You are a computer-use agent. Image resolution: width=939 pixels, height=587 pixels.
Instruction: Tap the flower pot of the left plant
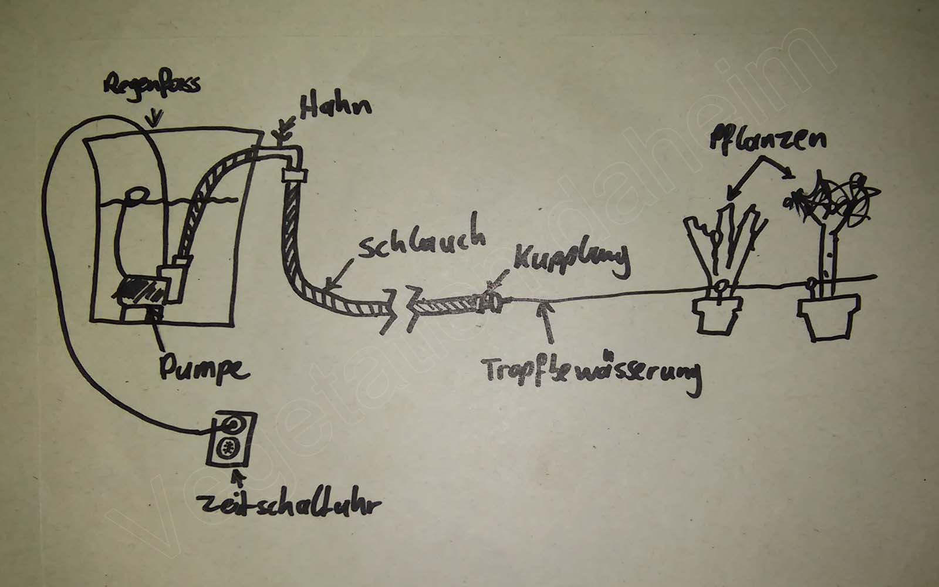(x=714, y=316)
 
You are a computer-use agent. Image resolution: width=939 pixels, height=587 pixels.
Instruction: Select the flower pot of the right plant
(x=828, y=319)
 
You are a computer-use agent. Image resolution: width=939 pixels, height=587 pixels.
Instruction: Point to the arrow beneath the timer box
(x=238, y=480)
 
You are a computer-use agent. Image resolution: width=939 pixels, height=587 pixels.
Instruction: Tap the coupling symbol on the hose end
(x=489, y=302)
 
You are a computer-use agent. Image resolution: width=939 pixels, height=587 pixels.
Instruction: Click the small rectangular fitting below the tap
(x=295, y=174)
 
